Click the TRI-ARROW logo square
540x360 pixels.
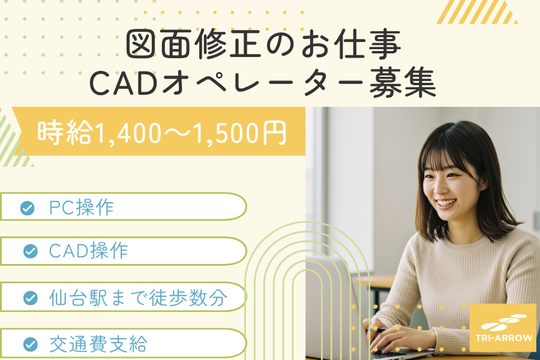[x=503, y=328]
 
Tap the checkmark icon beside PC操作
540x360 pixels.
[x=27, y=208]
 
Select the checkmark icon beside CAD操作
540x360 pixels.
[x=31, y=251]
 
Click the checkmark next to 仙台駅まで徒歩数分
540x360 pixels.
[x=31, y=298]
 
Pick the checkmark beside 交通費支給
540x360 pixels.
[x=31, y=344]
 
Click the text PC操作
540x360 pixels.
[x=81, y=208]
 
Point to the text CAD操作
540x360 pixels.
[x=89, y=250]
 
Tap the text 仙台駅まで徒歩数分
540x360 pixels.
[x=139, y=298]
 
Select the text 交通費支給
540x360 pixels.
[x=98, y=343]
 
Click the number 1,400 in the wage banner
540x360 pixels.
[x=128, y=133]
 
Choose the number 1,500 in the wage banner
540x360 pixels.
[x=226, y=133]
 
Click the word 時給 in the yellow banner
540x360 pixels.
[x=65, y=132]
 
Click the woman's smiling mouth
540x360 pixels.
[x=446, y=203]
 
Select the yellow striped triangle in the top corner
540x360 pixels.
[x=477, y=12]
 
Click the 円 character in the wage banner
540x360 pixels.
[x=274, y=133]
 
